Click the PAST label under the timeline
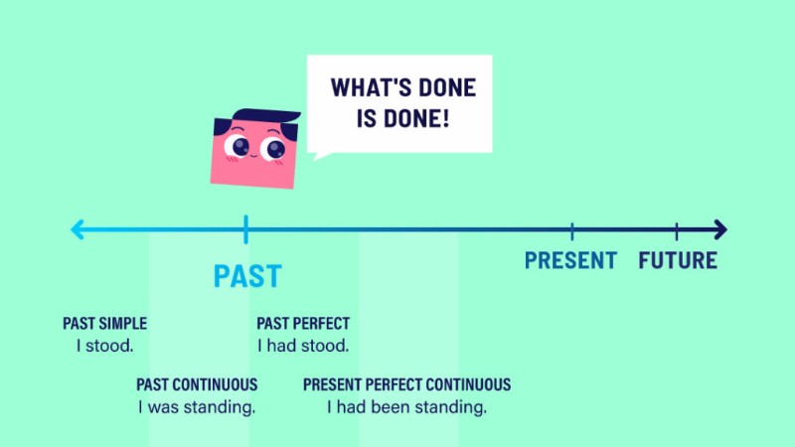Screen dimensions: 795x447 (247, 276)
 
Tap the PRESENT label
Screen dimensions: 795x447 (570, 260)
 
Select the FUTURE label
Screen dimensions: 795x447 (678, 260)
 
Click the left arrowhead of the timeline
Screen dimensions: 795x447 (78, 229)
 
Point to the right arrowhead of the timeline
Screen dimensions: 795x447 (720, 229)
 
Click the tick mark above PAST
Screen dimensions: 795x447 (245, 229)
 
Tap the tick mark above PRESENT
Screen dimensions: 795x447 (572, 231)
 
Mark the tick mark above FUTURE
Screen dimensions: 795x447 (677, 231)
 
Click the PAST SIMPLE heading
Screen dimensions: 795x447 (104, 324)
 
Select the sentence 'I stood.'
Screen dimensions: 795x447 (104, 346)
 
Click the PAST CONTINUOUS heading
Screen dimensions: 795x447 (197, 384)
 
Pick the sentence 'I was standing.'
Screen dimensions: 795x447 (197, 407)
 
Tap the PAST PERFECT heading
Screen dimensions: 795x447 (303, 324)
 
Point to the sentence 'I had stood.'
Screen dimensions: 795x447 (303, 346)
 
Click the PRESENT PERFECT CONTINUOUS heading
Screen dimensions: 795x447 (406, 384)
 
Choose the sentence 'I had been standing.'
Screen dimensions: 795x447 (406, 407)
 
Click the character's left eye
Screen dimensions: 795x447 (237, 146)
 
